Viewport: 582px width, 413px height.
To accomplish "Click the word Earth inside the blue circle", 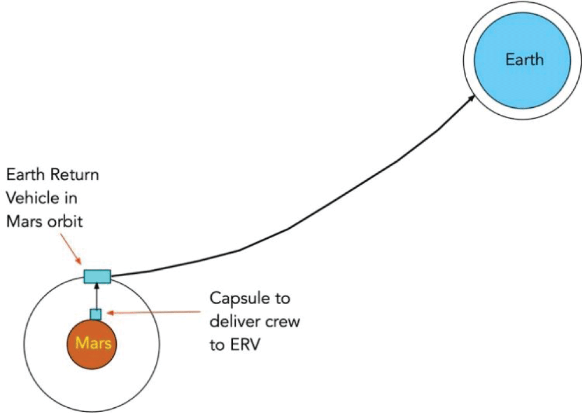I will pyautogui.click(x=524, y=59).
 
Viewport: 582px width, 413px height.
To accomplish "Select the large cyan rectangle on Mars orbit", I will pyautogui.click(x=97, y=276).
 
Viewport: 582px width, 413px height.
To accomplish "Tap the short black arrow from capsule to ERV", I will pyautogui.click(x=97, y=296).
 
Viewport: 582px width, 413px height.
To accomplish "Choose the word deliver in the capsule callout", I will pyautogui.click(x=232, y=322).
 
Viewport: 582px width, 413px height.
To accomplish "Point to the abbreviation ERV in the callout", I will pyautogui.click(x=245, y=344).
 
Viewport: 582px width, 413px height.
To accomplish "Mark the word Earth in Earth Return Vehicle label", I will pyautogui.click(x=22, y=174).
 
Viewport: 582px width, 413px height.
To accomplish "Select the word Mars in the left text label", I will pyautogui.click(x=20, y=222).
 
